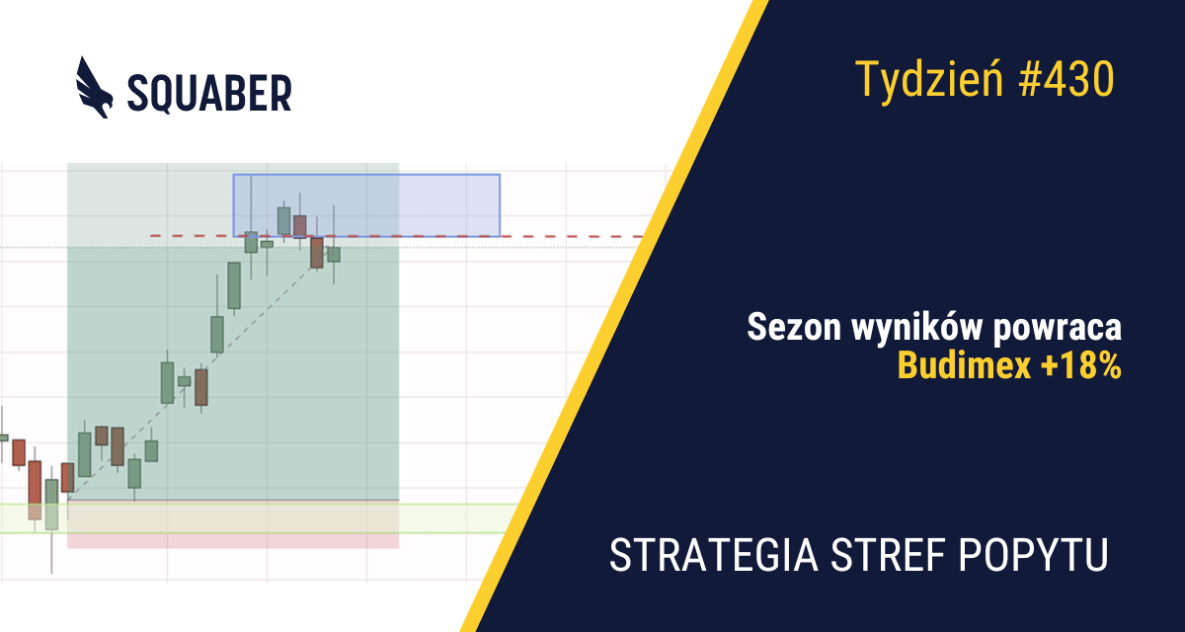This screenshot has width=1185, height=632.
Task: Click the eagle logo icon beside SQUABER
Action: coord(94,88)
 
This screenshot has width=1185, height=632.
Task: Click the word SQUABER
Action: coord(209,93)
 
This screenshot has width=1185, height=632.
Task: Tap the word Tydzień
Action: coord(929,80)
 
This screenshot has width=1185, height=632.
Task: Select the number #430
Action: coord(1066,79)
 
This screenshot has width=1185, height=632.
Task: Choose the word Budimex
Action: coord(965,365)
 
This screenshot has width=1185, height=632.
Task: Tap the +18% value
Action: coord(1080,365)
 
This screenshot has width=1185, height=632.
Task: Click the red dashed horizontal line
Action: coord(397,236)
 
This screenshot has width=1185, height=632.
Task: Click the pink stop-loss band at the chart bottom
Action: coord(233,540)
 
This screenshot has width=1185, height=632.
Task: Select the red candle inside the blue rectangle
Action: coord(300,226)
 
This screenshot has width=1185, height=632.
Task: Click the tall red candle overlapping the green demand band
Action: coord(35,490)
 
